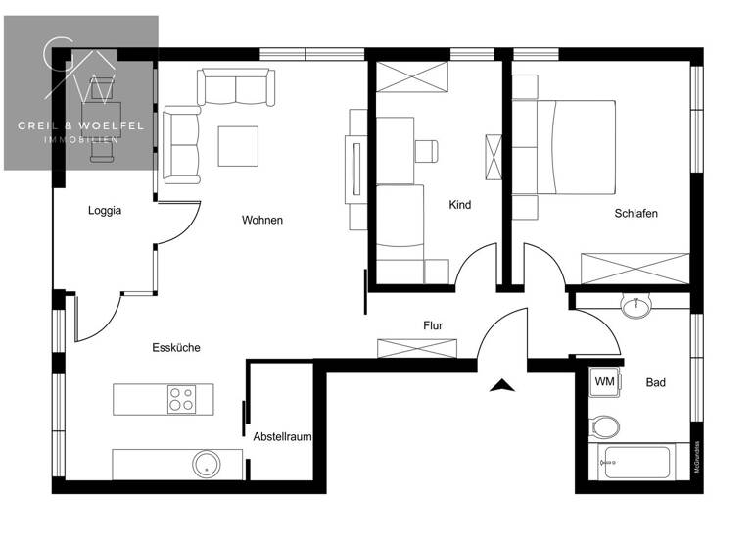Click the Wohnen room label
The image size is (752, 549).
(261, 220)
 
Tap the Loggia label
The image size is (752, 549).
(104, 210)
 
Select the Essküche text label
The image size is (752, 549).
(175, 347)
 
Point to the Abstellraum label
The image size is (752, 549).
(282, 436)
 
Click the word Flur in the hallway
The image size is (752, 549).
(434, 324)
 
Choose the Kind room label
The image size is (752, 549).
(459, 205)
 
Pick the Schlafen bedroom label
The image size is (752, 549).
(635, 213)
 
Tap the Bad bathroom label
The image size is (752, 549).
(655, 382)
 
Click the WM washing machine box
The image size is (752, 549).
(604, 381)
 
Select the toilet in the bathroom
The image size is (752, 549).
(605, 428)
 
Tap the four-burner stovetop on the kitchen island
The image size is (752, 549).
(180, 399)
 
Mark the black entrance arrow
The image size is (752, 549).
(501, 385)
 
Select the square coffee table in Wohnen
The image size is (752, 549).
(239, 146)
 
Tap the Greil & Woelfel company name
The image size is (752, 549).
(80, 125)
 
